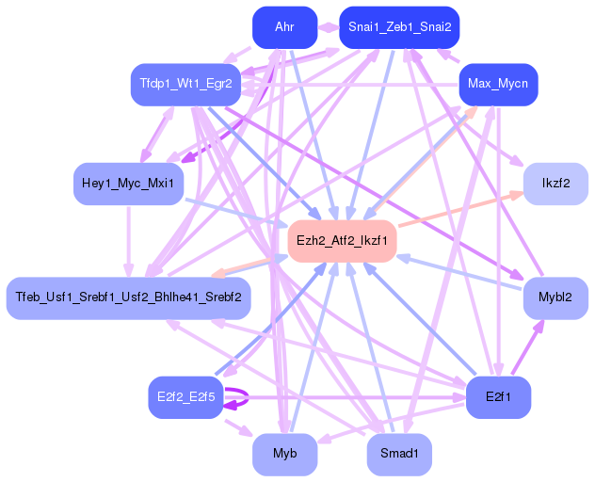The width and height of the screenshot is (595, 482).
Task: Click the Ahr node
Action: click(x=284, y=27)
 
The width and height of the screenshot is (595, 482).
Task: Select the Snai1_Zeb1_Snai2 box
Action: click(x=399, y=27)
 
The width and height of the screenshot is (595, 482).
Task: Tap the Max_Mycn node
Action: click(x=497, y=85)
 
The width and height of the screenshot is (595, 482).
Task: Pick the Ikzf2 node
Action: click(x=555, y=183)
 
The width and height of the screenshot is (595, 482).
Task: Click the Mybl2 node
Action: click(x=555, y=297)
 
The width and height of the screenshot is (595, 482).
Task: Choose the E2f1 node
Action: click(x=498, y=396)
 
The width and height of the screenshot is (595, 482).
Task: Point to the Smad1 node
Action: click(x=399, y=455)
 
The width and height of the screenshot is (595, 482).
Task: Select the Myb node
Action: click(x=284, y=455)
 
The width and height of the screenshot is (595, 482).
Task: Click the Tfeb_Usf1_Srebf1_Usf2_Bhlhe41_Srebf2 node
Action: click(x=128, y=297)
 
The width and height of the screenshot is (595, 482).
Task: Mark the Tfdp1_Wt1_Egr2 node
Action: click(x=185, y=85)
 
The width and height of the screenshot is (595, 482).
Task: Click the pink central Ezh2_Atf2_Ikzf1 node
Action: click(x=342, y=240)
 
